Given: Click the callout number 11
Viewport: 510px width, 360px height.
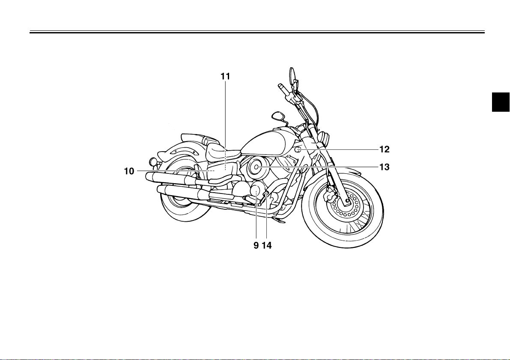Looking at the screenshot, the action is [x=225, y=76].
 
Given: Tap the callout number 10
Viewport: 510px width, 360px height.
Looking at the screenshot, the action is [x=129, y=171].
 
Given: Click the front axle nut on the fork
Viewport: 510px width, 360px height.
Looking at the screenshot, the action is [x=347, y=200].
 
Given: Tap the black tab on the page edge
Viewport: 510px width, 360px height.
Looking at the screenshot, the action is [x=501, y=103].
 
